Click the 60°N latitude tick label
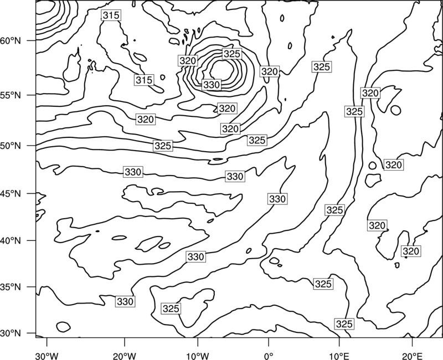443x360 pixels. pos(11,41)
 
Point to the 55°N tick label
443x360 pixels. pos(11,95)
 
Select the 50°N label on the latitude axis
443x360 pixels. pos(11,146)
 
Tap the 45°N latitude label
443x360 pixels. pos(11,194)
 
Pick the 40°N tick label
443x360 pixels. pos(11,241)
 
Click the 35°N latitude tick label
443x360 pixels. pos(11,287)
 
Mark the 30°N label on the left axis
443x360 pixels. pos(11,333)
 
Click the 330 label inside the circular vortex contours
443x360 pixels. pos(212,85)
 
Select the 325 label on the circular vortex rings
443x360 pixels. pos(231,54)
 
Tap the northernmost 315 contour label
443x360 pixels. pos(111,16)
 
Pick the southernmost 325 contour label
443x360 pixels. pos(344,324)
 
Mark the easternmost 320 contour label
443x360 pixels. pos(411,251)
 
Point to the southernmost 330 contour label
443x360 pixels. pos(125,301)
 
